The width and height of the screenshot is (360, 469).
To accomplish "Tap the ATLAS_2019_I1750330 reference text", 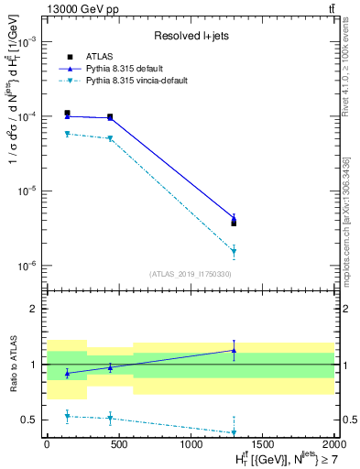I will [x=190, y=273].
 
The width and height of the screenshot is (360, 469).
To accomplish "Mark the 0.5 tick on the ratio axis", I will [x=31, y=420].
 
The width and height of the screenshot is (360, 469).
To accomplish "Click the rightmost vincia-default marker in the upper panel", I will [x=234, y=251].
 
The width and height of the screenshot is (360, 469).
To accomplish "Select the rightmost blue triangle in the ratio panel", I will [x=234, y=350].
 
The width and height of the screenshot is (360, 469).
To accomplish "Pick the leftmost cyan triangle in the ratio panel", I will [x=68, y=417].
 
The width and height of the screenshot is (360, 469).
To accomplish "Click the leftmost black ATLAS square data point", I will [x=68, y=114].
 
